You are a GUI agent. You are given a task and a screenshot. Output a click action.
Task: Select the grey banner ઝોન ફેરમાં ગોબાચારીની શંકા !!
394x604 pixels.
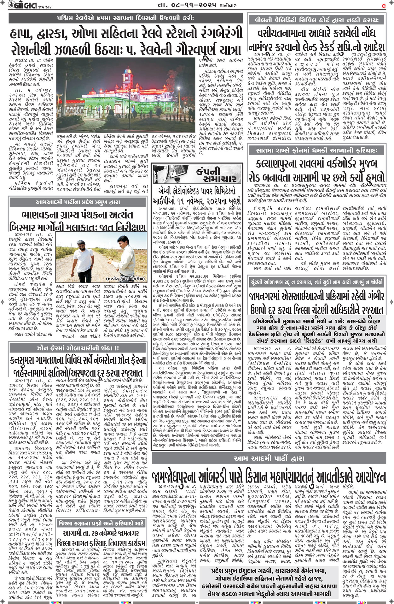(78, 348)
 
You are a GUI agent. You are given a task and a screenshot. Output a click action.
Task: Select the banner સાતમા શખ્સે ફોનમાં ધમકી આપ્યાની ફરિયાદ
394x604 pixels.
(316, 150)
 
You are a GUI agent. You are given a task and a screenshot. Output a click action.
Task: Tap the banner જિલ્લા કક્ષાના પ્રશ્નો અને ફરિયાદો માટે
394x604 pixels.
(101, 523)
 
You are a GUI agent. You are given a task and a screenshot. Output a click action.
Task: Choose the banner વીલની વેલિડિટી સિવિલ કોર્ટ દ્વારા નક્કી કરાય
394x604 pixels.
(316, 20)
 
